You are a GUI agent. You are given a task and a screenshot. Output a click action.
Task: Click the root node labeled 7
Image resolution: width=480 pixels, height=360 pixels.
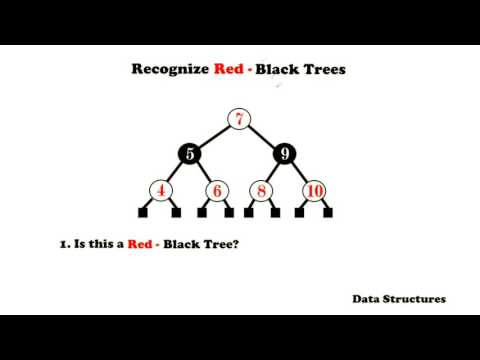click(x=239, y=120)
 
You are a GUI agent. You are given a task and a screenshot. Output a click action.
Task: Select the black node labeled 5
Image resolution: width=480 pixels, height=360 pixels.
click(x=190, y=154)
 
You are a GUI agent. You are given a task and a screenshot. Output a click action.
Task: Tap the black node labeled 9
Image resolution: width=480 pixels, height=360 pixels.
click(x=287, y=154)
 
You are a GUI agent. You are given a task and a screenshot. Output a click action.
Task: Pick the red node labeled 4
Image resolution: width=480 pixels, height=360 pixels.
click(x=162, y=190)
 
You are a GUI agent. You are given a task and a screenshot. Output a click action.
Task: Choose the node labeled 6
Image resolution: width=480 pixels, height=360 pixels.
click(x=217, y=190)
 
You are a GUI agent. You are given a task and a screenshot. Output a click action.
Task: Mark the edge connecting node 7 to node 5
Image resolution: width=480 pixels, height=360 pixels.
click(x=214, y=137)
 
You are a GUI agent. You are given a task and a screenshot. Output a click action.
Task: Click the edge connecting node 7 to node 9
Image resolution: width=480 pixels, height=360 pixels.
click(x=263, y=137)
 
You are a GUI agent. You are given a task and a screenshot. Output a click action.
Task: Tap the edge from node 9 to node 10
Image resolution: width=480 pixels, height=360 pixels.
click(x=300, y=171)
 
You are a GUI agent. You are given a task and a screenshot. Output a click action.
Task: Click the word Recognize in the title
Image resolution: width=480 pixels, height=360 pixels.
click(x=173, y=70)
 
